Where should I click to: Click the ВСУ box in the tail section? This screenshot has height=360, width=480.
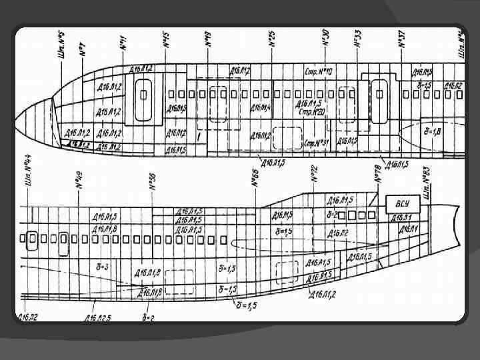coord(402,204)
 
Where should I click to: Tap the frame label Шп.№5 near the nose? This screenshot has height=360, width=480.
coord(62,46)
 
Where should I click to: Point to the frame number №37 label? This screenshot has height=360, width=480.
coord(402,39)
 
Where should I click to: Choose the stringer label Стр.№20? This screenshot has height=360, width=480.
coord(311,113)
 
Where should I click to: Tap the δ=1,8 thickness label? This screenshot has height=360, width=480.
coord(432,132)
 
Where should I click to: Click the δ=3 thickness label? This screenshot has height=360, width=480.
coord(104,266)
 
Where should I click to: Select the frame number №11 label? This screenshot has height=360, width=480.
coord(123,42)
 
